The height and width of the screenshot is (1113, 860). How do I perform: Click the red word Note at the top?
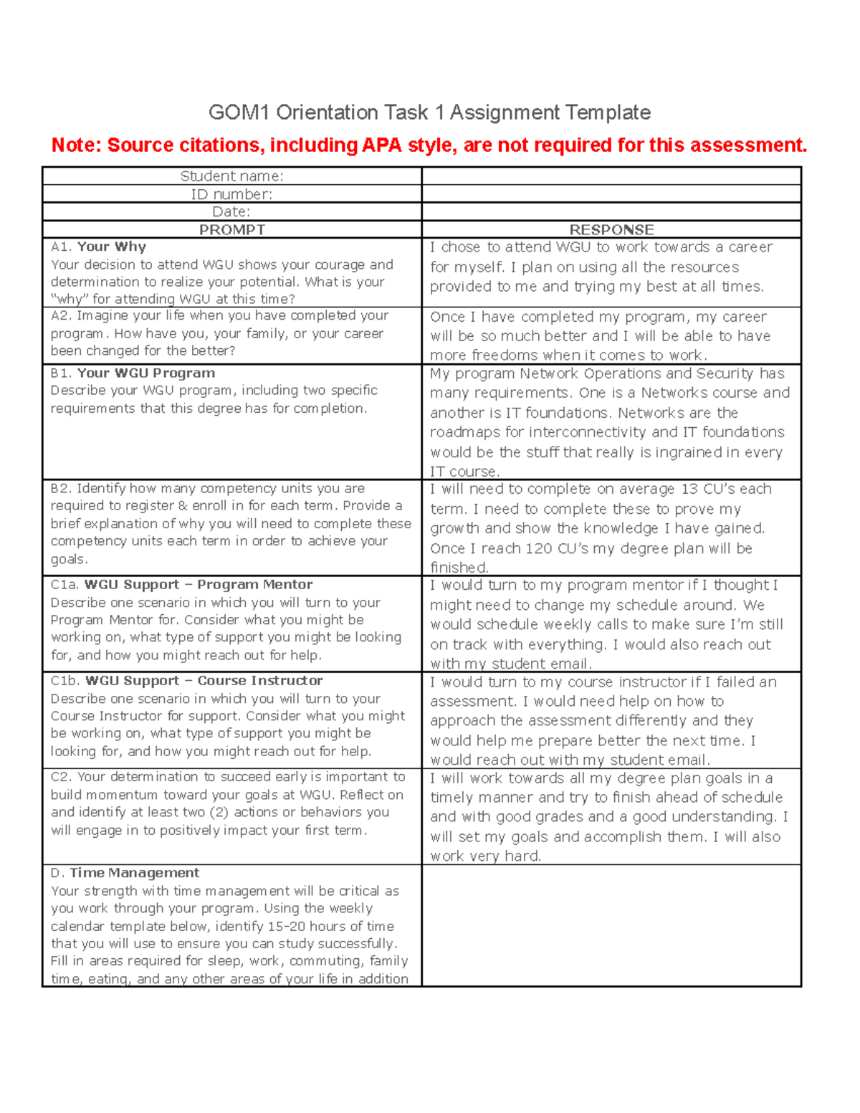tap(76, 145)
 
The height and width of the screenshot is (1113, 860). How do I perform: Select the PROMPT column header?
tap(231, 230)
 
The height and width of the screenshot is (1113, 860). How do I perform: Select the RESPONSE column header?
tap(611, 230)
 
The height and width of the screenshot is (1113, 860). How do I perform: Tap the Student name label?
tap(231, 176)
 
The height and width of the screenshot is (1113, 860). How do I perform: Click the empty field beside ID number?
tap(611, 194)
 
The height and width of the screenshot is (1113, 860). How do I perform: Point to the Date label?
tap(231, 211)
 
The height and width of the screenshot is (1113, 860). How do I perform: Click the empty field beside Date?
tap(611, 211)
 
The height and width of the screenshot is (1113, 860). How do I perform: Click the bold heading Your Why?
tap(112, 247)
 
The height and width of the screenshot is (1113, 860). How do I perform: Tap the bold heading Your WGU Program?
tap(146, 373)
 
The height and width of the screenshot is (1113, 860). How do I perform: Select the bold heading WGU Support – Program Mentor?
tap(199, 585)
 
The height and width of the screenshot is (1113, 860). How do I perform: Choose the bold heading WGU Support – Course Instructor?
tap(204, 681)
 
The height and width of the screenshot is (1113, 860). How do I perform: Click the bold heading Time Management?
tap(135, 873)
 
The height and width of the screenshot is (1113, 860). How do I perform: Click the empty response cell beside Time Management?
tap(611, 925)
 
